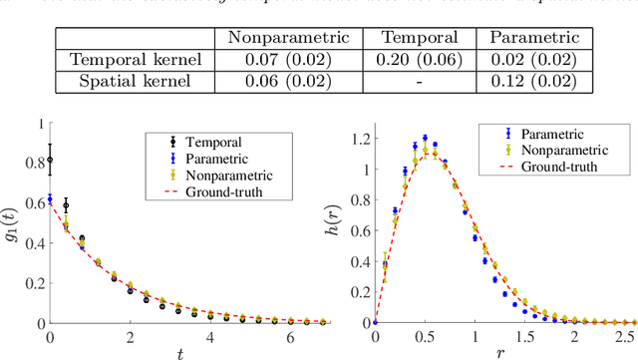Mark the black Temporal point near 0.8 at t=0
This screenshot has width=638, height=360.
tap(50, 160)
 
